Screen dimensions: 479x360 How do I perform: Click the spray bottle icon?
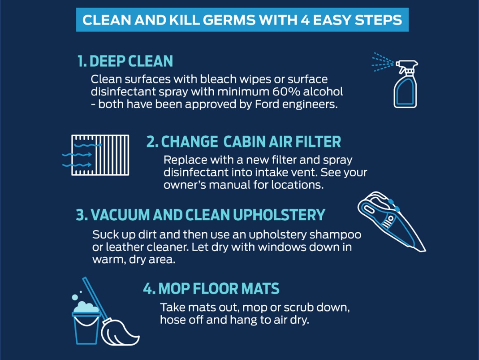point(406,84)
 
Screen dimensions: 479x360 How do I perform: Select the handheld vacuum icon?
point(391,221)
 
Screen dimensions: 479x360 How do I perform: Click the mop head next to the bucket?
point(120,332)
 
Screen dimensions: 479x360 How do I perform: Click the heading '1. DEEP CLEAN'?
point(125,61)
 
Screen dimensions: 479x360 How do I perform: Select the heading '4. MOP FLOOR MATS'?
point(211,289)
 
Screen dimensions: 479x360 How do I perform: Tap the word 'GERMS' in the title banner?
point(229,20)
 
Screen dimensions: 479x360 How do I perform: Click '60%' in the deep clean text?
point(286,91)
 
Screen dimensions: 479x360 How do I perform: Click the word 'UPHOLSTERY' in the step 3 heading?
point(279,215)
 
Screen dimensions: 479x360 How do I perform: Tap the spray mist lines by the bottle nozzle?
point(383,62)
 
